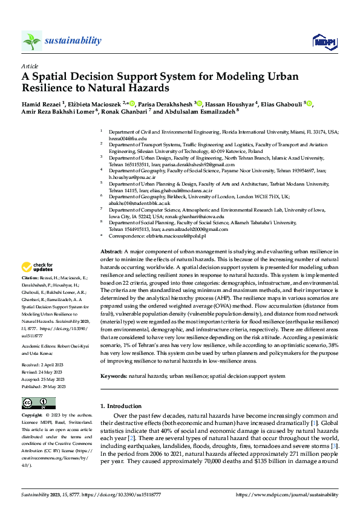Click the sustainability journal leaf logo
point(31,41)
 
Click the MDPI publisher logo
point(324,41)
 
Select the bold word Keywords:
point(114,376)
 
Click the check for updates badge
point(39,267)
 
